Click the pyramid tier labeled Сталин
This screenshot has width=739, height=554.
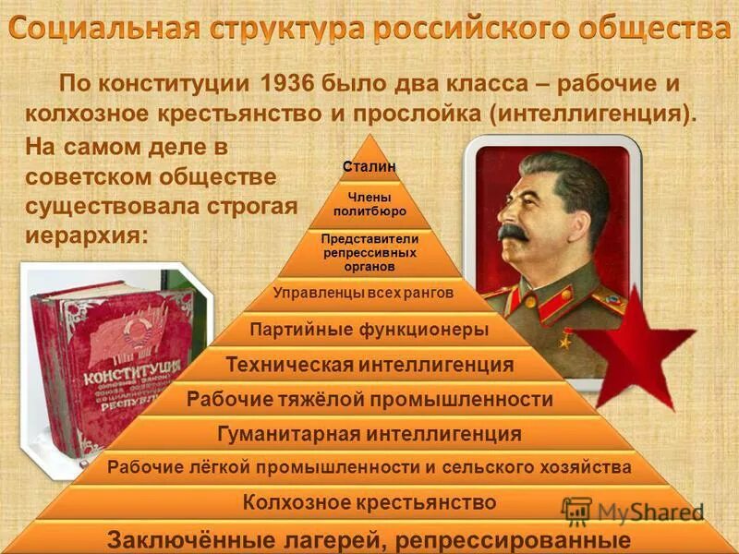coord(369,166)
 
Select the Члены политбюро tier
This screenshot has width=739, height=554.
coord(369,204)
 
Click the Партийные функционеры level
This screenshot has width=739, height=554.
coord(369,329)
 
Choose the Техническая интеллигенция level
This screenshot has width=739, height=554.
coord(369,365)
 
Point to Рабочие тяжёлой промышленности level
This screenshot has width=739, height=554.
coord(369,399)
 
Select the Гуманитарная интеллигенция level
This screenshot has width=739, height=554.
coord(369,433)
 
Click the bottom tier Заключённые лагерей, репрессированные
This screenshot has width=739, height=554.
coord(369,539)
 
